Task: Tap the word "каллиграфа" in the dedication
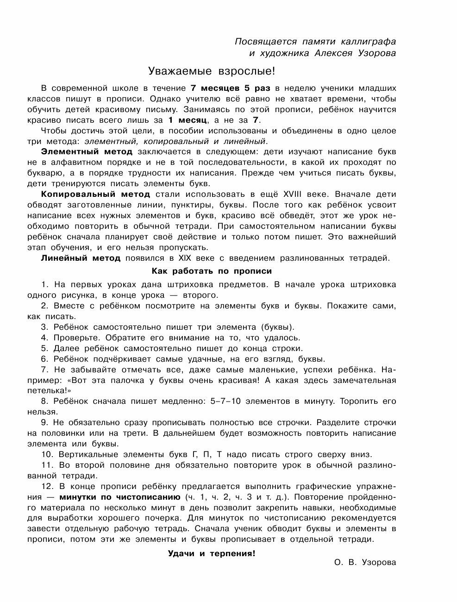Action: [363, 41]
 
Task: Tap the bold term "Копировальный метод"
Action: [95, 194]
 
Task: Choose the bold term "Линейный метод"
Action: [81, 258]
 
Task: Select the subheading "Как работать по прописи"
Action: [212, 271]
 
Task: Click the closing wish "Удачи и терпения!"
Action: [211, 553]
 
